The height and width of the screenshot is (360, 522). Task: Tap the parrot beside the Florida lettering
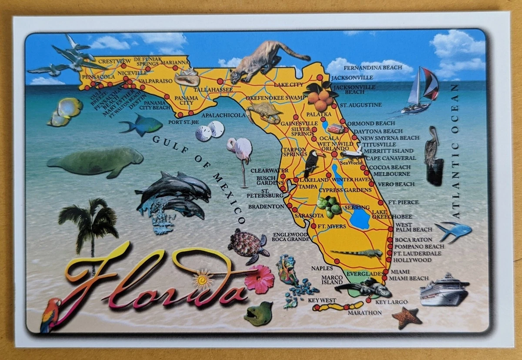click(x=50, y=314)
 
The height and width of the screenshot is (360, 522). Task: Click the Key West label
click(x=322, y=300)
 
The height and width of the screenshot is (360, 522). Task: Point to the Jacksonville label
click(x=352, y=78)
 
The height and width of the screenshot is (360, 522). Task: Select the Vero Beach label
click(x=396, y=184)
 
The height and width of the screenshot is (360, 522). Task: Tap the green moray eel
click(x=258, y=313)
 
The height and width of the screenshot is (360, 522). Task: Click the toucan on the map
click(x=312, y=162)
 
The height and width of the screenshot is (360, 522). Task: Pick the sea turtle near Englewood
click(x=248, y=246)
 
